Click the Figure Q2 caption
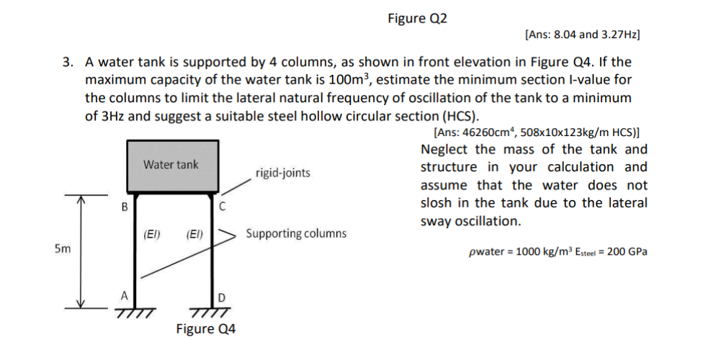(417, 18)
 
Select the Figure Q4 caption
(206, 329)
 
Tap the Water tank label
(171, 165)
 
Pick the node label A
(124, 295)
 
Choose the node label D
(222, 297)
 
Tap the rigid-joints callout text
(283, 173)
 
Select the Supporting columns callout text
(296, 233)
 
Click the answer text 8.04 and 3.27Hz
(583, 34)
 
